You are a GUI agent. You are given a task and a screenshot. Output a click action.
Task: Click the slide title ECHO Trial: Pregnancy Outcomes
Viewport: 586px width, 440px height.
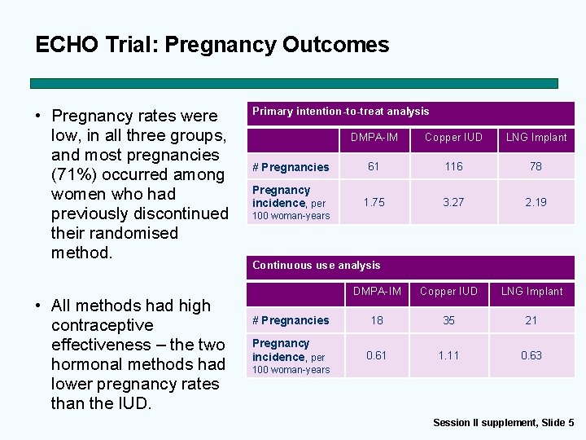pos(212,44)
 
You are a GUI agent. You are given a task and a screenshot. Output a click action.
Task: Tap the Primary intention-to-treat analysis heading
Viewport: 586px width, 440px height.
pos(340,112)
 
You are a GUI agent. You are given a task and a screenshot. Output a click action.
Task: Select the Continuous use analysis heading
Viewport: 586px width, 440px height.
pos(317,265)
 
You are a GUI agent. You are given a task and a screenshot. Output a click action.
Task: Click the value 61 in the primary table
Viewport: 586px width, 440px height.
pos(374,166)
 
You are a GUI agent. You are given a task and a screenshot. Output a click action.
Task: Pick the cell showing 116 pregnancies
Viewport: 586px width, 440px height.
pos(453,166)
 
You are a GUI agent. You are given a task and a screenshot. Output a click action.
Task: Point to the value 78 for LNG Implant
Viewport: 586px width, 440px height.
pos(536,166)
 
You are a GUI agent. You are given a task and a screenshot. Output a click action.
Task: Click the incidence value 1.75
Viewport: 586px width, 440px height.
pos(374,202)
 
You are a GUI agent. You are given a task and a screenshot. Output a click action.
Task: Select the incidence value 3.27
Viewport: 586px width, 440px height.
pos(453,202)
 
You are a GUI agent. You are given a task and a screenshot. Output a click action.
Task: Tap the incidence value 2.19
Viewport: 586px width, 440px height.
pos(536,202)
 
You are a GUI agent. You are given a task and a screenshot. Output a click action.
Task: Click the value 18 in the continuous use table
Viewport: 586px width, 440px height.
pos(377,320)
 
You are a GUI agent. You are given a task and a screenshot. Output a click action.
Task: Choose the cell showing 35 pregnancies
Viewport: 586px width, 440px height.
pos(448,320)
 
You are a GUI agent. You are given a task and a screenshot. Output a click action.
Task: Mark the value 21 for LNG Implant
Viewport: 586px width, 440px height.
pos(531,320)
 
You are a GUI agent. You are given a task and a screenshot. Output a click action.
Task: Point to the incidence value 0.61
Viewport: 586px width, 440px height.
pos(377,355)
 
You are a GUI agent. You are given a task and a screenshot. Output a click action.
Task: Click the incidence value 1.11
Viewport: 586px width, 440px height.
pos(448,355)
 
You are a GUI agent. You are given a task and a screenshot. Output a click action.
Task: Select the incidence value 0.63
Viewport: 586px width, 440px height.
pos(531,355)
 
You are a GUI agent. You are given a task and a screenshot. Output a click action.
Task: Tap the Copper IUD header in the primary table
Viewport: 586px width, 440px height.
pos(453,137)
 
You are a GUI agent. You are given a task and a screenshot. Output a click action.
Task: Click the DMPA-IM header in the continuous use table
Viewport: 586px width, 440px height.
pos(377,291)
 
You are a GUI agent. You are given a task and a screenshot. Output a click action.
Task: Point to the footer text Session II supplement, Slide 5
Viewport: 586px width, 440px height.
pos(503,422)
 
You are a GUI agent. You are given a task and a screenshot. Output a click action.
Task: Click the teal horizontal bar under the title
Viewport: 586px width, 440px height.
pos(294,83)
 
